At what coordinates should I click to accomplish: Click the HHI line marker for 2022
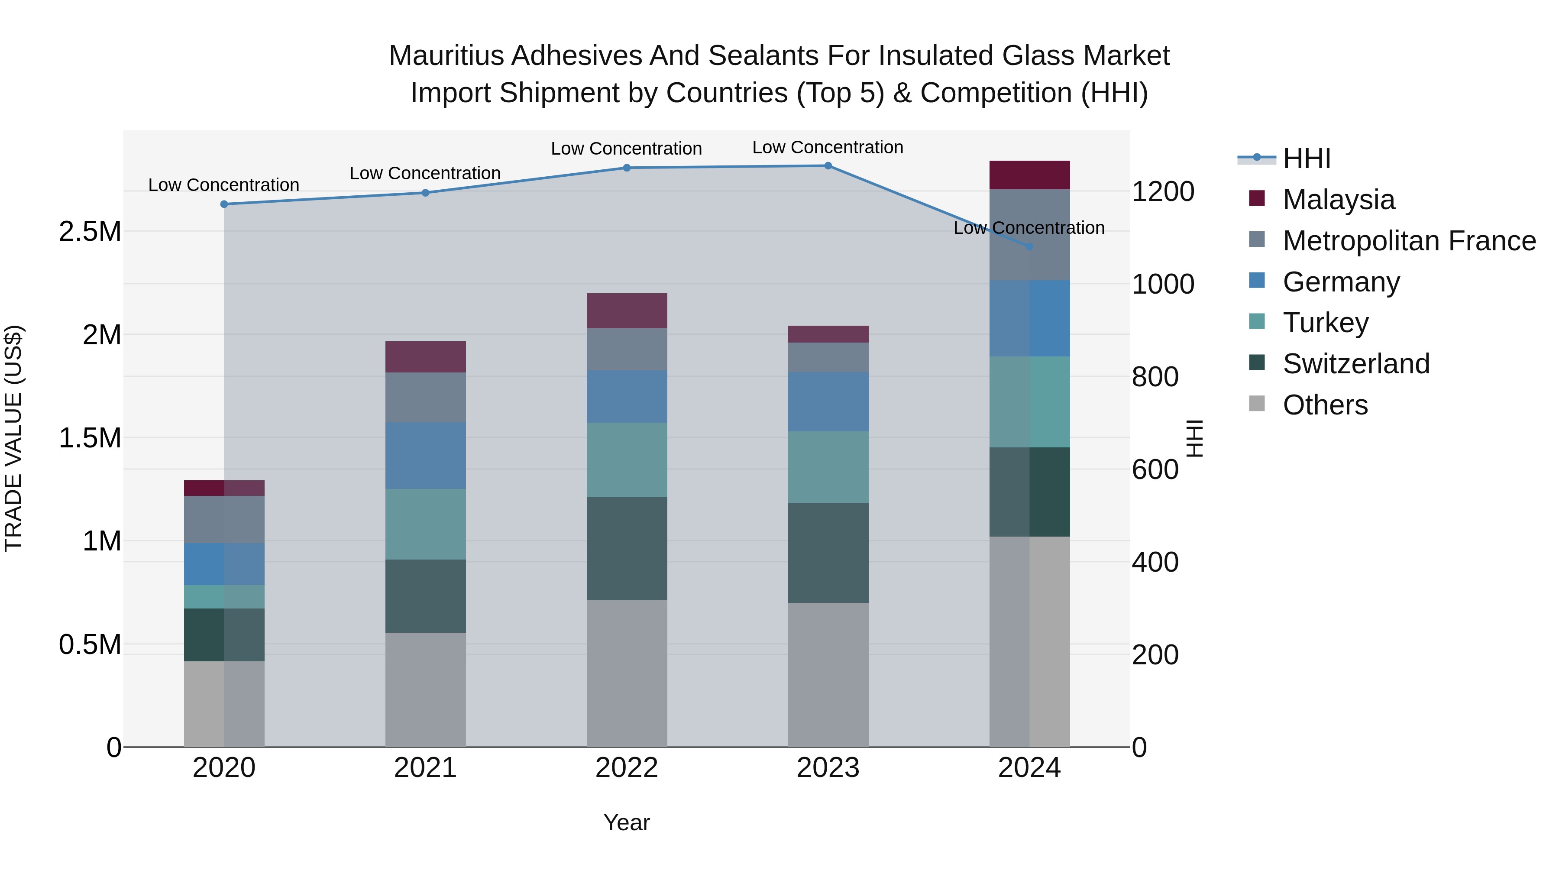626,168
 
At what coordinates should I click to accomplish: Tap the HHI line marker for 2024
1029,247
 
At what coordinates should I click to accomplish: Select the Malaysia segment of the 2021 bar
425,356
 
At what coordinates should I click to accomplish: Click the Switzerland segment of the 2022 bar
626,548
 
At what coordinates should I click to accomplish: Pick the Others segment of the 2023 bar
828,674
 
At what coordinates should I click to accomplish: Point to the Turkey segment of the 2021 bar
425,524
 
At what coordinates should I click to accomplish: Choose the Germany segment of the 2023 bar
828,401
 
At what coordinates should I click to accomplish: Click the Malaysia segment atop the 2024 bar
1029,175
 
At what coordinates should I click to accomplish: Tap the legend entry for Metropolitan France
1409,241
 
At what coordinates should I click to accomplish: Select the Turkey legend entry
1326,323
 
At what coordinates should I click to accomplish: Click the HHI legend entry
1306,159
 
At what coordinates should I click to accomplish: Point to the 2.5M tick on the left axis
90,232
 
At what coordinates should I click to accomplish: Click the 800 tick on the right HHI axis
1155,377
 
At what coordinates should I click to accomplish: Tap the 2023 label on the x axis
828,768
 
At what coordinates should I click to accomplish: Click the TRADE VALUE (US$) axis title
13,438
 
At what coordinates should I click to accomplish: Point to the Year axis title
626,822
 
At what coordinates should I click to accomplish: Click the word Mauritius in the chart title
446,56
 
